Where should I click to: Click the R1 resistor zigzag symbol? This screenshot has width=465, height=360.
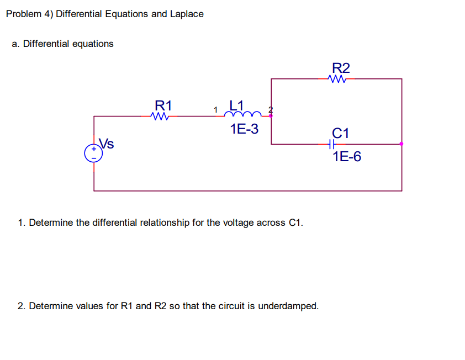click(158, 117)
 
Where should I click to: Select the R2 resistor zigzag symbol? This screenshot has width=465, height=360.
click(336, 79)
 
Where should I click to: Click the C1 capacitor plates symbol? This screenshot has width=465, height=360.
click(331, 144)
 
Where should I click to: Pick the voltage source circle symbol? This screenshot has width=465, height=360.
click(93, 153)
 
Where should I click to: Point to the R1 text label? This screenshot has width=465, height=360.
click(163, 104)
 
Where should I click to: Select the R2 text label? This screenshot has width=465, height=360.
click(341, 68)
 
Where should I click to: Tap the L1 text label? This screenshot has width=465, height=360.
click(236, 104)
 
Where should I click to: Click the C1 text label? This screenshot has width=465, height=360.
click(341, 133)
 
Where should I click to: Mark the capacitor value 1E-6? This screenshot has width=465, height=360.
click(347, 157)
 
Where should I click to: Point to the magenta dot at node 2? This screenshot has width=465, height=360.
click(271, 116)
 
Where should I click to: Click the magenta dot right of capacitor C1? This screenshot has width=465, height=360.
click(401, 144)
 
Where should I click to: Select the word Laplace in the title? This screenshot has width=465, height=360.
click(186, 14)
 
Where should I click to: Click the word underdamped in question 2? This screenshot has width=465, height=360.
click(288, 306)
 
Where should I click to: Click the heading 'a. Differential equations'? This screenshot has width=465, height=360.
click(62, 44)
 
